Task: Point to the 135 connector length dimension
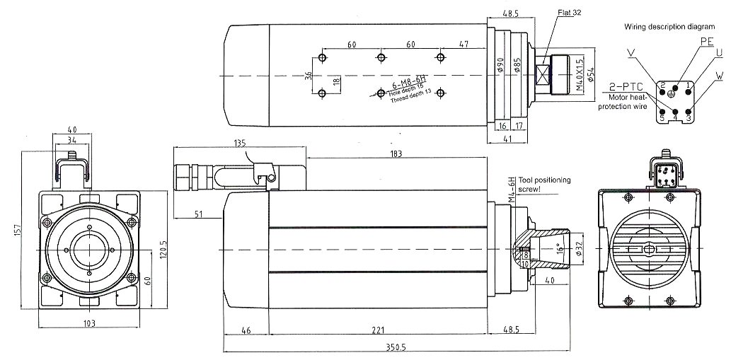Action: (240, 144)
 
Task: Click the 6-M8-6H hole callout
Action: (409, 84)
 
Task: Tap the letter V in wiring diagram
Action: (631, 52)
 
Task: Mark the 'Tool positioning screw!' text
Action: (544, 185)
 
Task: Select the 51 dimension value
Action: (199, 214)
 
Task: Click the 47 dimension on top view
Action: (464, 45)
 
